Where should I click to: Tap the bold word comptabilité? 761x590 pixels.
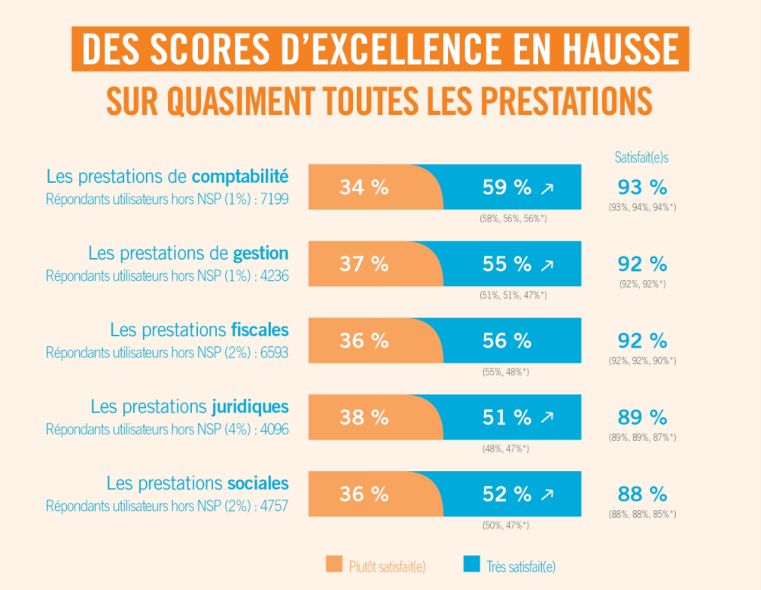click(240, 177)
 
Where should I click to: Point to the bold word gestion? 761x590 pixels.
click(261, 253)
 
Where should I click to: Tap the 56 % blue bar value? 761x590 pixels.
click(507, 341)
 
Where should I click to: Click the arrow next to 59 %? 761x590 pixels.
click(547, 188)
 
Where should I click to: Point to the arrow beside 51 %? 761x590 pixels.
click(547, 418)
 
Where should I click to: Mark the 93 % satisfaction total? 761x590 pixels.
click(642, 187)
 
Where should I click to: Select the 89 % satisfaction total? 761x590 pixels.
click(642, 417)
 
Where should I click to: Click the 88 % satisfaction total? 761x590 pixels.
click(642, 493)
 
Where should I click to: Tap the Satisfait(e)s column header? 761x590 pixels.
click(642, 158)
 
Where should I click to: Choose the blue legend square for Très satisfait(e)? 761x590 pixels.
click(472, 564)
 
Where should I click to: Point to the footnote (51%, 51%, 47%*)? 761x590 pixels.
click(514, 295)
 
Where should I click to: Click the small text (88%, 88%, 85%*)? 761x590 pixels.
click(642, 515)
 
